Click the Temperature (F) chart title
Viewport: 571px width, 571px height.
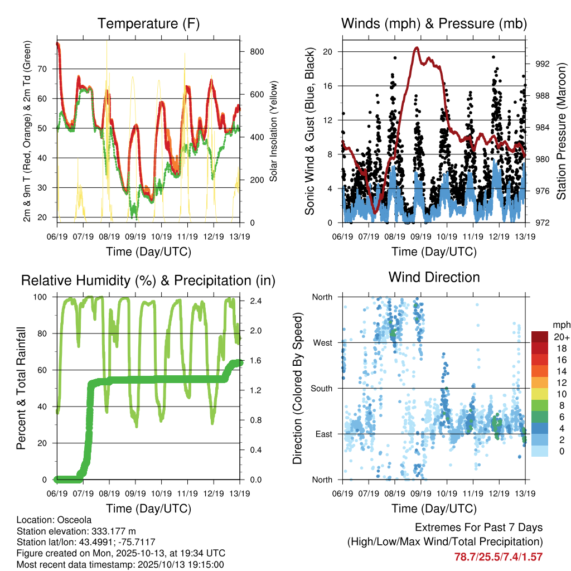pos(148,23)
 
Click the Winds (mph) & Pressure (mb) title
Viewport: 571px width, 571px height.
pos(434,23)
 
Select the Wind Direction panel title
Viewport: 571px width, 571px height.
pos(434,277)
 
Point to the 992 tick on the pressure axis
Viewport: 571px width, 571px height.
pos(542,64)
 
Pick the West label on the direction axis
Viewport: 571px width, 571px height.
pos(322,342)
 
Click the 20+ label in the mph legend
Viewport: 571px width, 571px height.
pos(562,337)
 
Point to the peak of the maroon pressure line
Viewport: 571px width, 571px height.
pos(417,48)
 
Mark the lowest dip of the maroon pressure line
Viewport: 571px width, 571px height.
pos(376,212)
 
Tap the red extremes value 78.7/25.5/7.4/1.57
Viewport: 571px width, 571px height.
pos(498,557)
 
